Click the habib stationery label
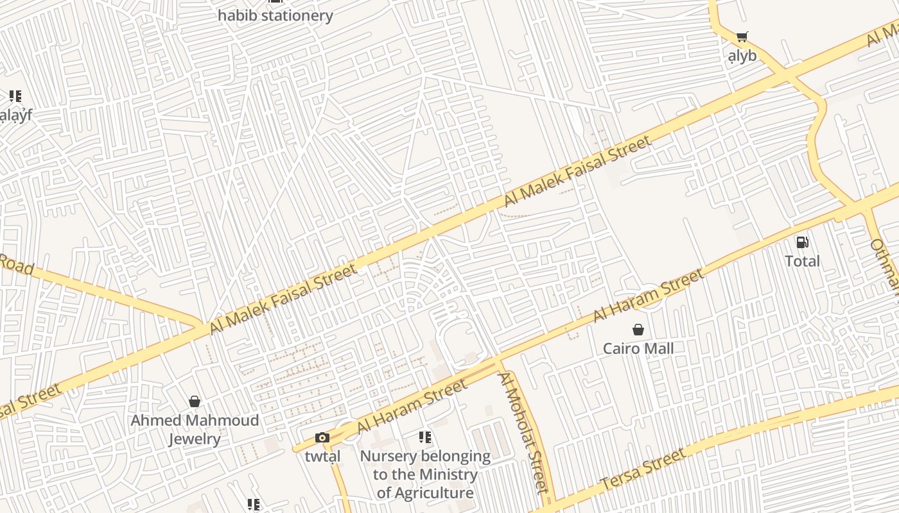click(275, 15)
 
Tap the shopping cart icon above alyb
click(742, 37)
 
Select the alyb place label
click(742, 56)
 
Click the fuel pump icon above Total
click(802, 242)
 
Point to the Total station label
click(802, 261)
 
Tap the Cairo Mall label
click(638, 348)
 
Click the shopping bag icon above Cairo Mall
click(638, 330)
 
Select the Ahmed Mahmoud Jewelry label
click(195, 430)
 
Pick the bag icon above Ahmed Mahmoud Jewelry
click(195, 401)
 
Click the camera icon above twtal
click(322, 438)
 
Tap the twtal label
click(322, 457)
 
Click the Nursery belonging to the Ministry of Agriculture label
click(425, 475)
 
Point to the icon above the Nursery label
click(425, 437)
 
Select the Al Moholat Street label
click(523, 431)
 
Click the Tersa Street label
click(643, 471)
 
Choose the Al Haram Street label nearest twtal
click(412, 407)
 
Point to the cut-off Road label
click(16, 264)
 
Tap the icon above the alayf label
click(15, 97)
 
